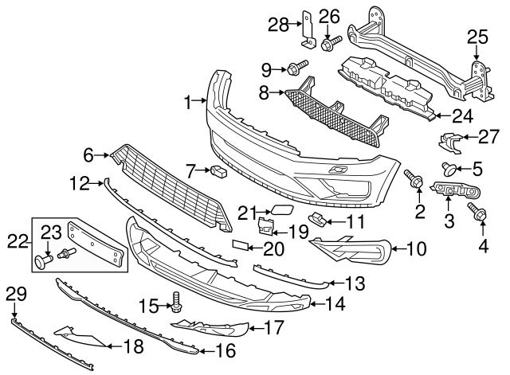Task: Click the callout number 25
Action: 476,36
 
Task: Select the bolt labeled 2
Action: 414,180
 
